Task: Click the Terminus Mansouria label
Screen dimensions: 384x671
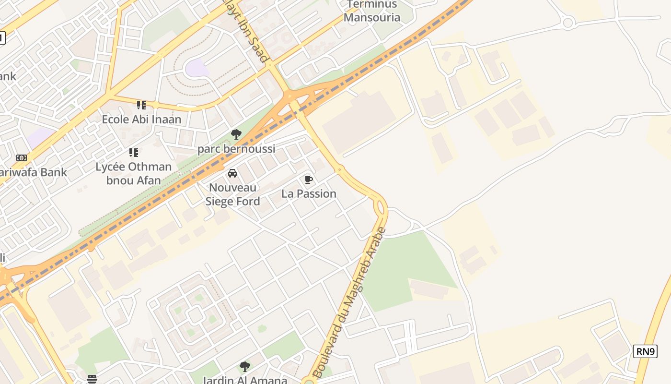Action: click(x=372, y=12)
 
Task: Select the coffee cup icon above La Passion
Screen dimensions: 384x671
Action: click(x=309, y=180)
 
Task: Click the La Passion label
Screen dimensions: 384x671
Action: click(x=309, y=194)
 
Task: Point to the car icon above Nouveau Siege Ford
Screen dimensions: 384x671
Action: click(x=232, y=173)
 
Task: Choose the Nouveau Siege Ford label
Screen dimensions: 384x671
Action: click(x=233, y=194)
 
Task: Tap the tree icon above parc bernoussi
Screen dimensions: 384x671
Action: click(x=236, y=134)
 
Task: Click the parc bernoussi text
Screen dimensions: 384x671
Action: click(x=236, y=149)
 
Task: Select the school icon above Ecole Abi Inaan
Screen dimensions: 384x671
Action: click(x=141, y=105)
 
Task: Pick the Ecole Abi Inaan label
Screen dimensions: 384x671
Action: click(x=141, y=119)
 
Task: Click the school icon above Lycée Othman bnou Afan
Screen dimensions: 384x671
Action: click(x=134, y=153)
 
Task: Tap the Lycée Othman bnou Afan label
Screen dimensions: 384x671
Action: click(x=133, y=174)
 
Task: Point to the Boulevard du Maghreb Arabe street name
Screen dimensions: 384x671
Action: click(x=349, y=302)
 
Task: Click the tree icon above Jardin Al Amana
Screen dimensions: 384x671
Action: click(x=245, y=367)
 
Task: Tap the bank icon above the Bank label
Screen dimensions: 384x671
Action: click(x=22, y=158)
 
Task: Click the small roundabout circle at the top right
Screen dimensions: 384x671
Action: click(x=568, y=22)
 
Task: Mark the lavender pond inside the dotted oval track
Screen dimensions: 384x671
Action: click(x=197, y=68)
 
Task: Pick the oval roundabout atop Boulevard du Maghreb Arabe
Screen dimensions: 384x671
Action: click(x=381, y=207)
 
